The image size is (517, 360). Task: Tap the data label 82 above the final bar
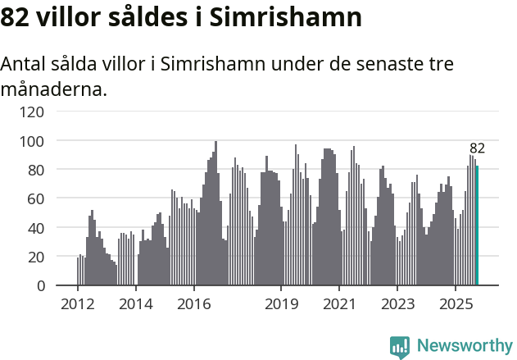pos(477,148)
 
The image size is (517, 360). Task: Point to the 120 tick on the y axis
pos(33,112)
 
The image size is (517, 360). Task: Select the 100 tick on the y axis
pos(33,141)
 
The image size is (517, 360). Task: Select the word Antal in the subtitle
pos(25,65)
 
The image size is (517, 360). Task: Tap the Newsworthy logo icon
pos(400,347)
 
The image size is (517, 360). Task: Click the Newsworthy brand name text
pos(465,346)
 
